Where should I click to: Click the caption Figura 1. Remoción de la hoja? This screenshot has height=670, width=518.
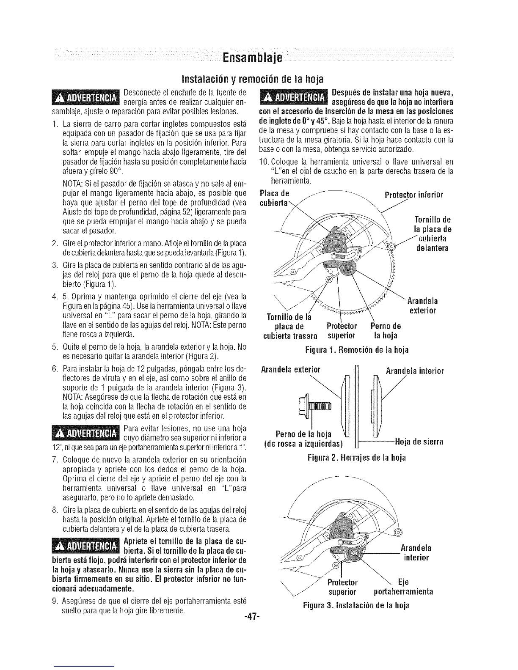click(357, 350)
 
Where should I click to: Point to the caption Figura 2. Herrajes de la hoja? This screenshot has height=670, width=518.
click(357, 458)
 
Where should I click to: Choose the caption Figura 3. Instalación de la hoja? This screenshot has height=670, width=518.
click(357, 606)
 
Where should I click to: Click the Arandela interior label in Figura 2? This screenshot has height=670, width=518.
click(414, 371)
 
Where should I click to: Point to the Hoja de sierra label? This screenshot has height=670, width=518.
click(419, 442)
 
